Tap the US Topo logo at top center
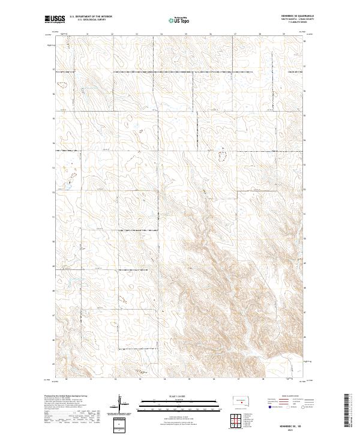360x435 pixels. [180, 20]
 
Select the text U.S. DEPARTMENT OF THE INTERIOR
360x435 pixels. [91, 17]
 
